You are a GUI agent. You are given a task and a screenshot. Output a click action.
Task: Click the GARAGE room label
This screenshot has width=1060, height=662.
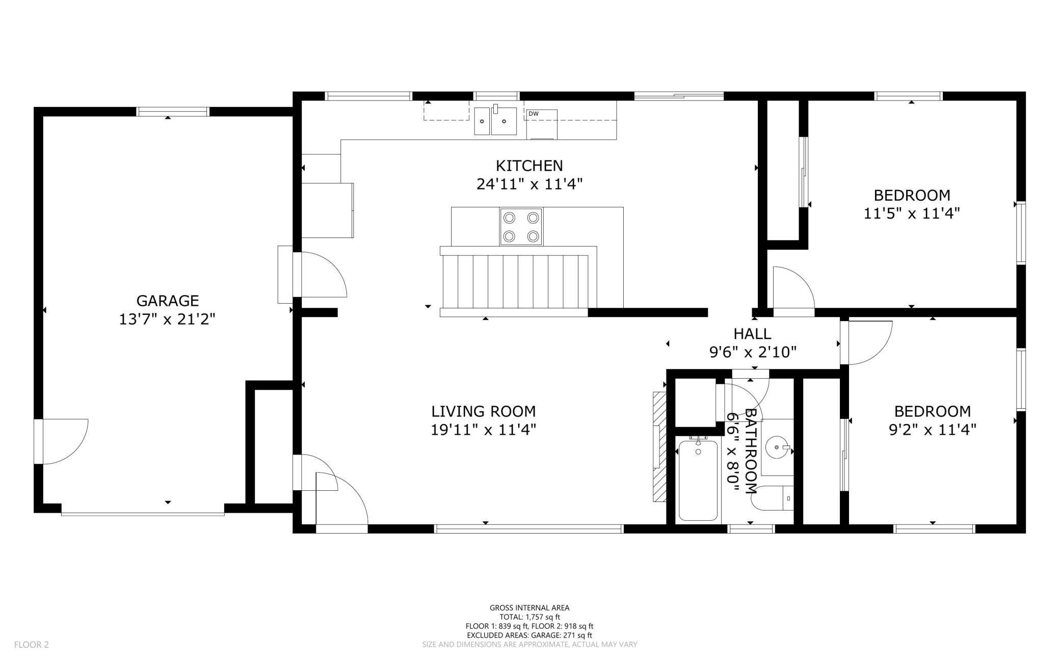[x=167, y=301]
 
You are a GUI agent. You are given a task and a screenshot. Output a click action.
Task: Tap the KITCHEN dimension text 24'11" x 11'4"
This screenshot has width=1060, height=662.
[x=529, y=184]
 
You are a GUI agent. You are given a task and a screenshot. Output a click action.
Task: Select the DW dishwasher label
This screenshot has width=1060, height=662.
[x=534, y=114]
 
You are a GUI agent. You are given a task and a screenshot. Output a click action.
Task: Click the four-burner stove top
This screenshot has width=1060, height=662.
[x=521, y=227]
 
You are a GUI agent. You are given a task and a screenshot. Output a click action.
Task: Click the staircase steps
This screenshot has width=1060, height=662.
[x=515, y=281]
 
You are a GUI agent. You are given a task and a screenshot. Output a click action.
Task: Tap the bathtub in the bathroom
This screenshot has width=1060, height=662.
[x=698, y=480]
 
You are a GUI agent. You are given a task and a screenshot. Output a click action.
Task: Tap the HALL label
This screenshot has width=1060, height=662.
[x=752, y=334]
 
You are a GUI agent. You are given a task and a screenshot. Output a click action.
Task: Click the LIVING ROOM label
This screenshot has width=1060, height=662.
[x=483, y=411]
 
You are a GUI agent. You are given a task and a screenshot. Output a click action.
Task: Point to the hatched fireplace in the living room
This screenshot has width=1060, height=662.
[x=659, y=447]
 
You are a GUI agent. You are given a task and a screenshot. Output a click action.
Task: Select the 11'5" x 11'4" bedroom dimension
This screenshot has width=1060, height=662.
[x=911, y=214]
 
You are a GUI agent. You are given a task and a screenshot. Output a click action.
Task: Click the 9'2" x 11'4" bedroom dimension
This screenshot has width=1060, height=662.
[x=932, y=430]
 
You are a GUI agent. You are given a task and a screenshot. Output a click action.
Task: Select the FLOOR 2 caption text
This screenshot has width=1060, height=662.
[x=31, y=645]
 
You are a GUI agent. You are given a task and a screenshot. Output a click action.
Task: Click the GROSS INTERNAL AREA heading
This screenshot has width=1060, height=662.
[x=529, y=607]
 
